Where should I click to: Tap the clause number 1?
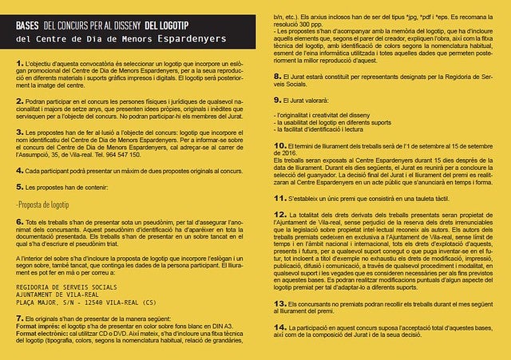pyautogui.click(x=19, y=62)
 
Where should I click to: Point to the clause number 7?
pyautogui.click(x=19, y=317)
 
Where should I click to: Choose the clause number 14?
pyautogui.click(x=279, y=327)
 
